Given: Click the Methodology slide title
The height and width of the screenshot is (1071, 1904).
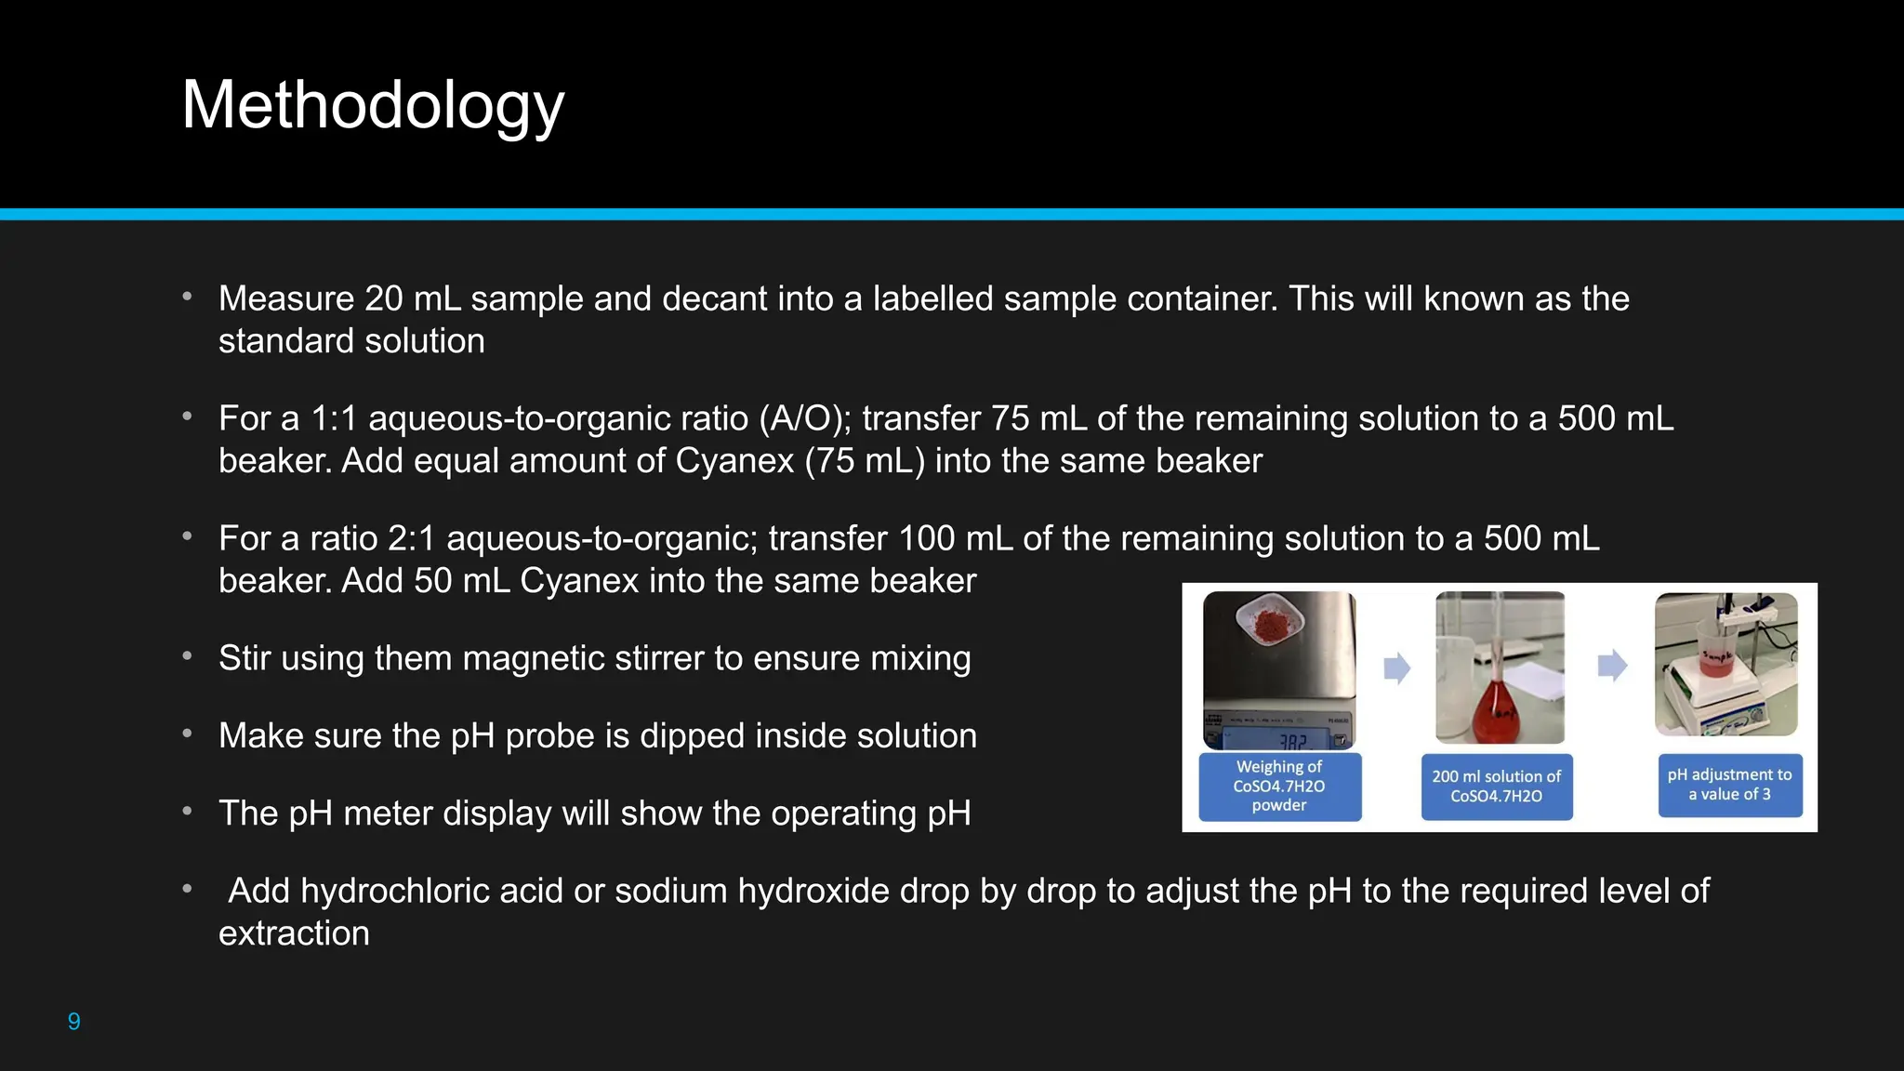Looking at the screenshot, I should (373, 105).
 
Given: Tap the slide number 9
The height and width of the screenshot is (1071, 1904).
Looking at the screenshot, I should (74, 1022).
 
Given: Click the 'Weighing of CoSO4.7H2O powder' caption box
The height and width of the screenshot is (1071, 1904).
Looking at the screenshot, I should (1279, 787).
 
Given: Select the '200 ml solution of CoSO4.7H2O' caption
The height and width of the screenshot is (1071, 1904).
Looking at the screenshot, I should (1496, 787).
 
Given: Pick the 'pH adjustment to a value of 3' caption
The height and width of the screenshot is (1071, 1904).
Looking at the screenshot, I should (1729, 785).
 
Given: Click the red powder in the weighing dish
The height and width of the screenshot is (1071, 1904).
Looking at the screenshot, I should (1268, 627).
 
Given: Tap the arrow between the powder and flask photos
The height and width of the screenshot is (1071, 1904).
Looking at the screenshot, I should (1396, 668).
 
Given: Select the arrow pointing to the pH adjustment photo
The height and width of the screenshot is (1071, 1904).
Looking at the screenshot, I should (1612, 665).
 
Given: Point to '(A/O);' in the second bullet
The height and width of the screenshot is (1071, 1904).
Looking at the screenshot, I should (805, 418).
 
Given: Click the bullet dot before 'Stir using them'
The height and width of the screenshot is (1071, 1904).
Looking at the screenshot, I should (187, 656).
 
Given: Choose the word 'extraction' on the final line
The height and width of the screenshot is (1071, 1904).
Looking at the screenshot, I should (294, 933).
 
